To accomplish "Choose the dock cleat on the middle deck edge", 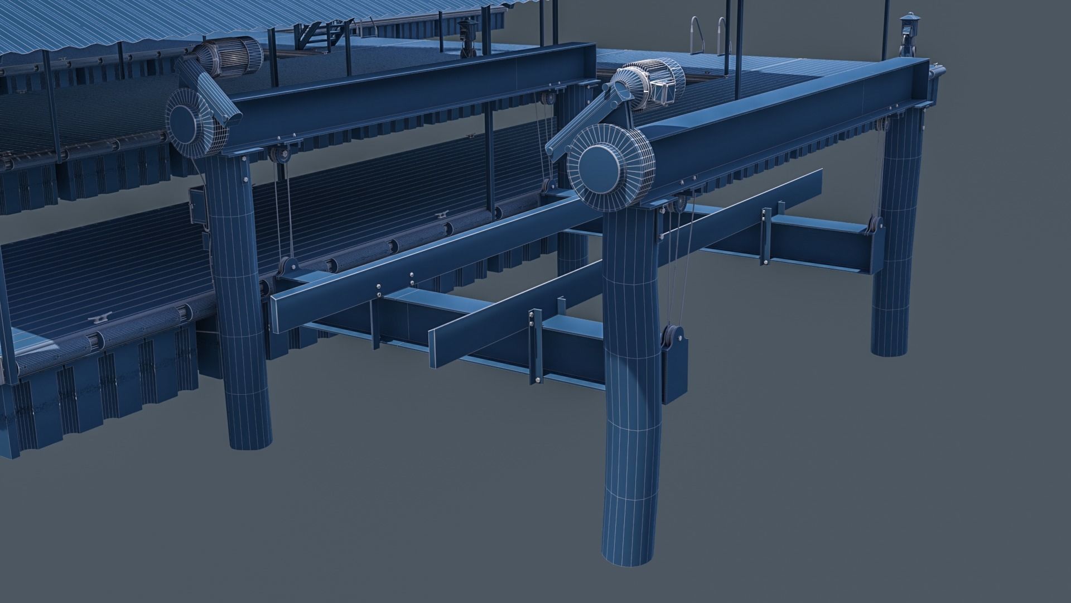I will click(x=440, y=217).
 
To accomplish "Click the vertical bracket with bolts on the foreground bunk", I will click(x=534, y=346).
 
